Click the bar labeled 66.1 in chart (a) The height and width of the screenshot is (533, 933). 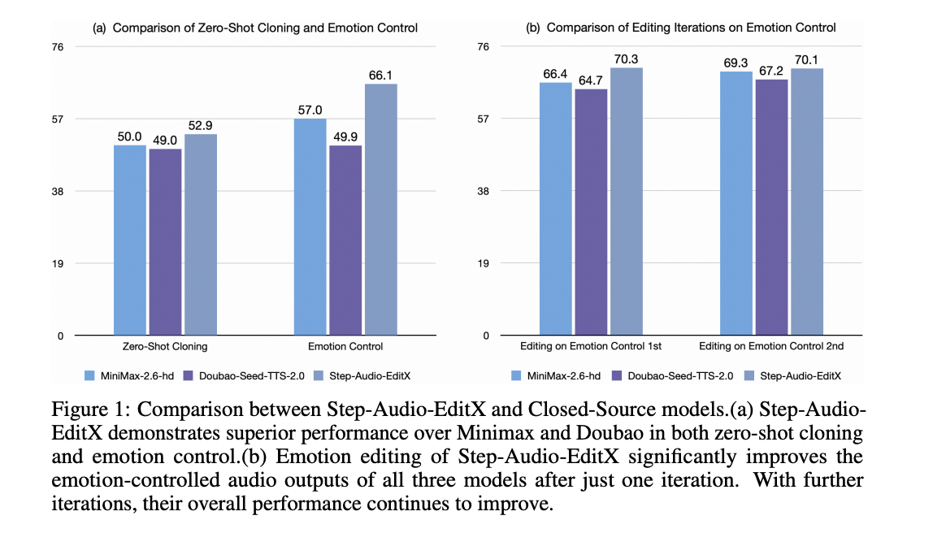(x=381, y=210)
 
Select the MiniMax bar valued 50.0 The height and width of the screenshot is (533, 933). (x=130, y=240)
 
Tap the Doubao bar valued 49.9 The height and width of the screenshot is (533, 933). (x=345, y=240)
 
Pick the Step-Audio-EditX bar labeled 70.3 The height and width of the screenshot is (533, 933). (x=627, y=201)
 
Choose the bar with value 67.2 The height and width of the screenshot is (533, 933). (x=771, y=207)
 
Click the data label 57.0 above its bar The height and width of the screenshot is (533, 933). (x=310, y=110)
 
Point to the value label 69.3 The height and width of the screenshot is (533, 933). (x=736, y=63)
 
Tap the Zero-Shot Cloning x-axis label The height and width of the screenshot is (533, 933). (x=165, y=347)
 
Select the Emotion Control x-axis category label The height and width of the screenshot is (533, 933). (x=345, y=347)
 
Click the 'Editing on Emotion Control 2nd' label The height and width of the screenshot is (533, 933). (x=770, y=347)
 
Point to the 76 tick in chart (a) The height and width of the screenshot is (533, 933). (x=57, y=47)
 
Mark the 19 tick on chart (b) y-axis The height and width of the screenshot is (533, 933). (x=483, y=263)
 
